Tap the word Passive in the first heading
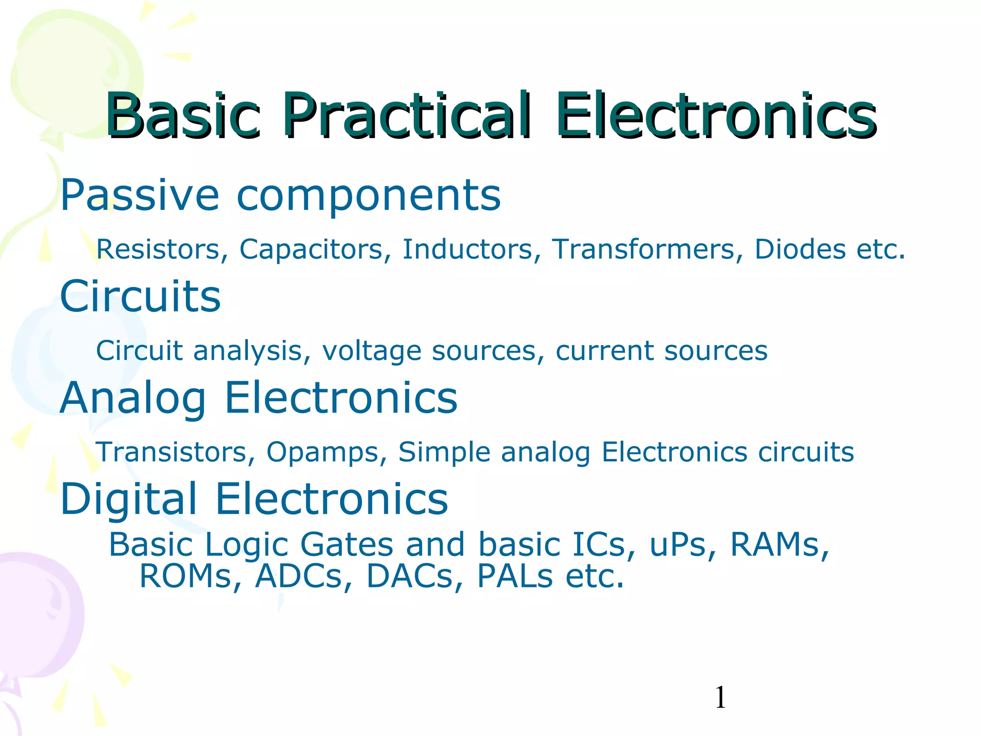pyautogui.click(x=139, y=195)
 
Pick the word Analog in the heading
pyautogui.click(x=133, y=399)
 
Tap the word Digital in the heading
pyautogui.click(x=129, y=499)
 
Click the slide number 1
pyautogui.click(x=720, y=698)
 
